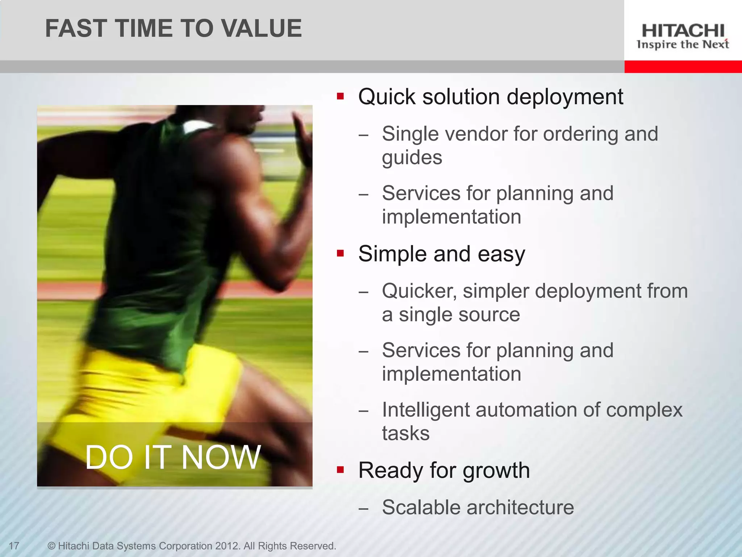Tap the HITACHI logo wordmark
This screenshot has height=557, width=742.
click(x=683, y=31)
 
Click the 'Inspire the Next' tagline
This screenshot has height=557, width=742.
click(x=683, y=45)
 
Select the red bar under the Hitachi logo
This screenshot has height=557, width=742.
click(x=683, y=67)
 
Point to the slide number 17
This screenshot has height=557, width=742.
click(x=14, y=546)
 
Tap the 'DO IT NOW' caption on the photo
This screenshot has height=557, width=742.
click(x=173, y=457)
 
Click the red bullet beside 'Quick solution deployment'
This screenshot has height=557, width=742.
click(x=340, y=96)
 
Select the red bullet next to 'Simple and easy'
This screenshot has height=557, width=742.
click(x=340, y=253)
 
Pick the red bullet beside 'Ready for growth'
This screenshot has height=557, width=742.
click(x=340, y=470)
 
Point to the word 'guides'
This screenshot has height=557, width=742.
click(x=412, y=158)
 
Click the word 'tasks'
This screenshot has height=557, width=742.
click(x=406, y=433)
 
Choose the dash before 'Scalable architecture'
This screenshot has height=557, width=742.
click(x=363, y=508)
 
